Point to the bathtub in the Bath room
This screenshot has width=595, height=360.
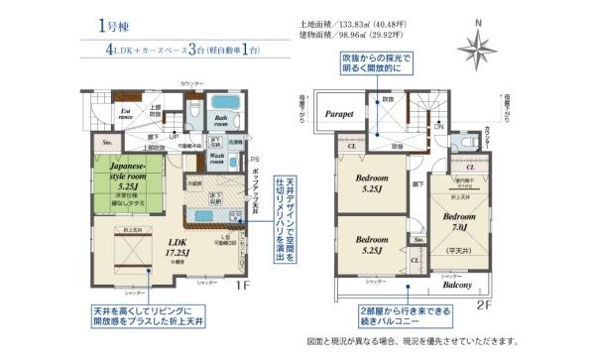228,104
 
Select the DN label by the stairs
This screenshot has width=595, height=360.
438,128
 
